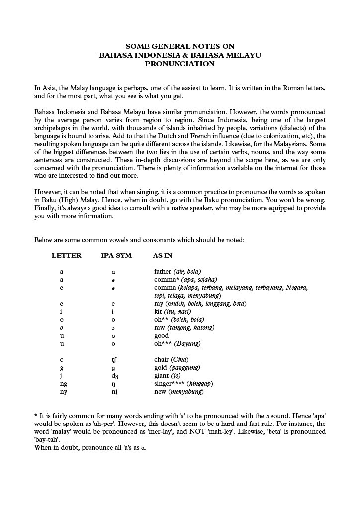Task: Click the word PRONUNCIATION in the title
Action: point(180,64)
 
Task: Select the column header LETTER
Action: point(67,255)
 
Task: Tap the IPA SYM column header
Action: point(116,255)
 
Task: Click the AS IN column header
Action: point(163,255)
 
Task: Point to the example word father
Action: point(163,271)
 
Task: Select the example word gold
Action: point(161,367)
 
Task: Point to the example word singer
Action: point(164,384)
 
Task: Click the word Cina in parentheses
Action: point(180,359)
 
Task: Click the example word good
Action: point(162,336)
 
